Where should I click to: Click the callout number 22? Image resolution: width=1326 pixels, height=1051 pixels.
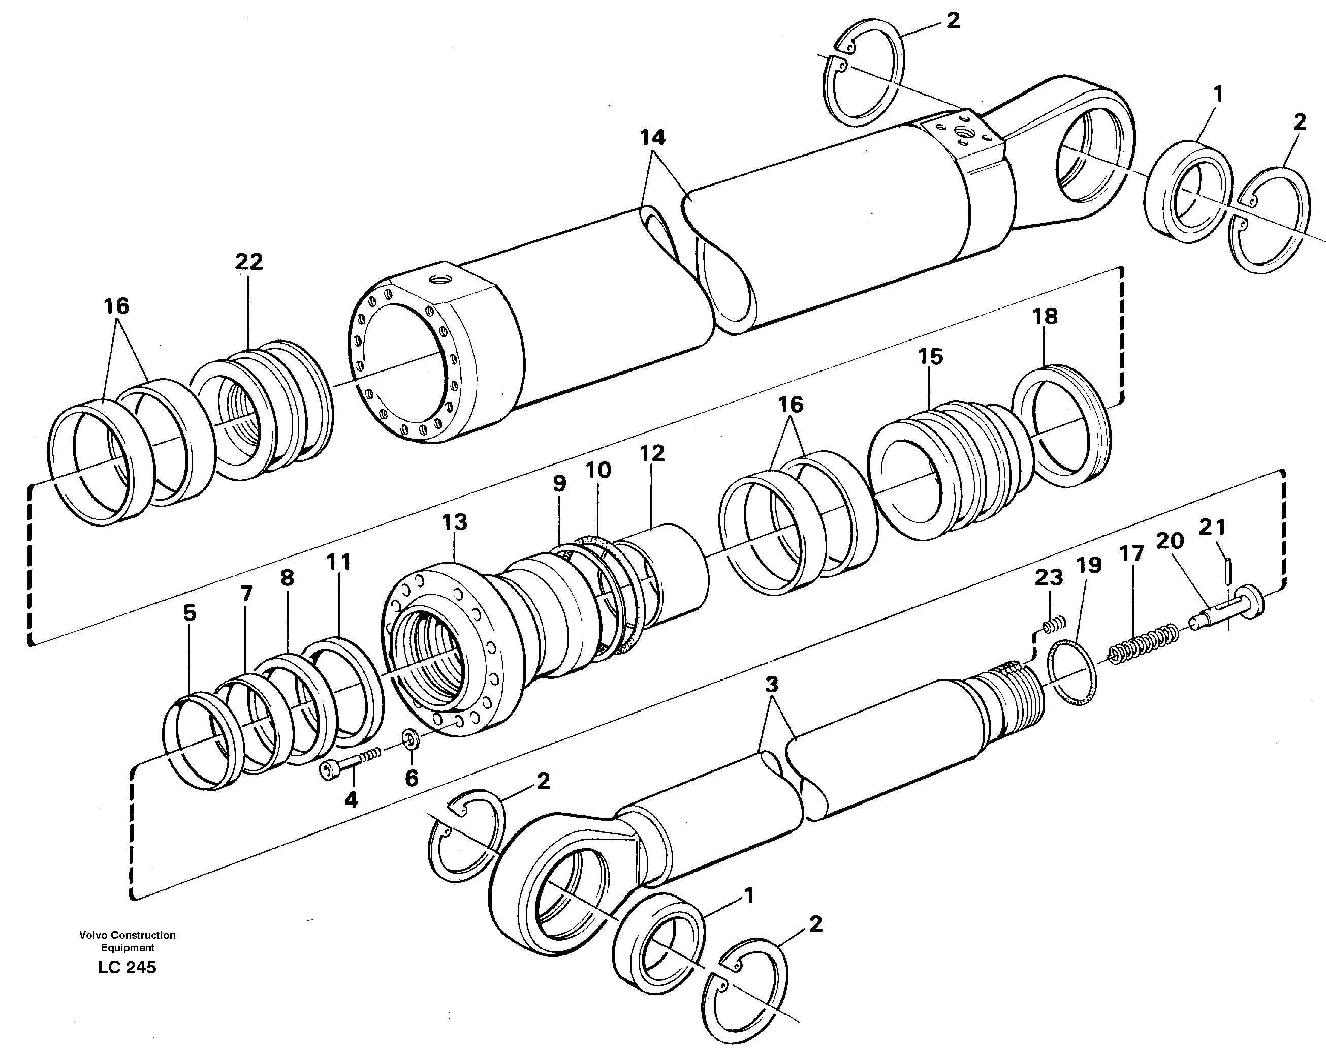point(248,262)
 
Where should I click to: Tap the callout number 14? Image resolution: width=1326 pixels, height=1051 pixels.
point(652,137)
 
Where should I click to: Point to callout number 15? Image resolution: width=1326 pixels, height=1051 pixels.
point(931,356)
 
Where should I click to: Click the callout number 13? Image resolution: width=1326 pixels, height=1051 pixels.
point(455,522)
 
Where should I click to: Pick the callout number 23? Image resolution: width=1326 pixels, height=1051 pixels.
point(1048,577)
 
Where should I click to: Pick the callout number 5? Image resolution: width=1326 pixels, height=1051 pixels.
point(190,613)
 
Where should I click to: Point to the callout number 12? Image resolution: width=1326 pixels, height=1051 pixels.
point(652,453)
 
